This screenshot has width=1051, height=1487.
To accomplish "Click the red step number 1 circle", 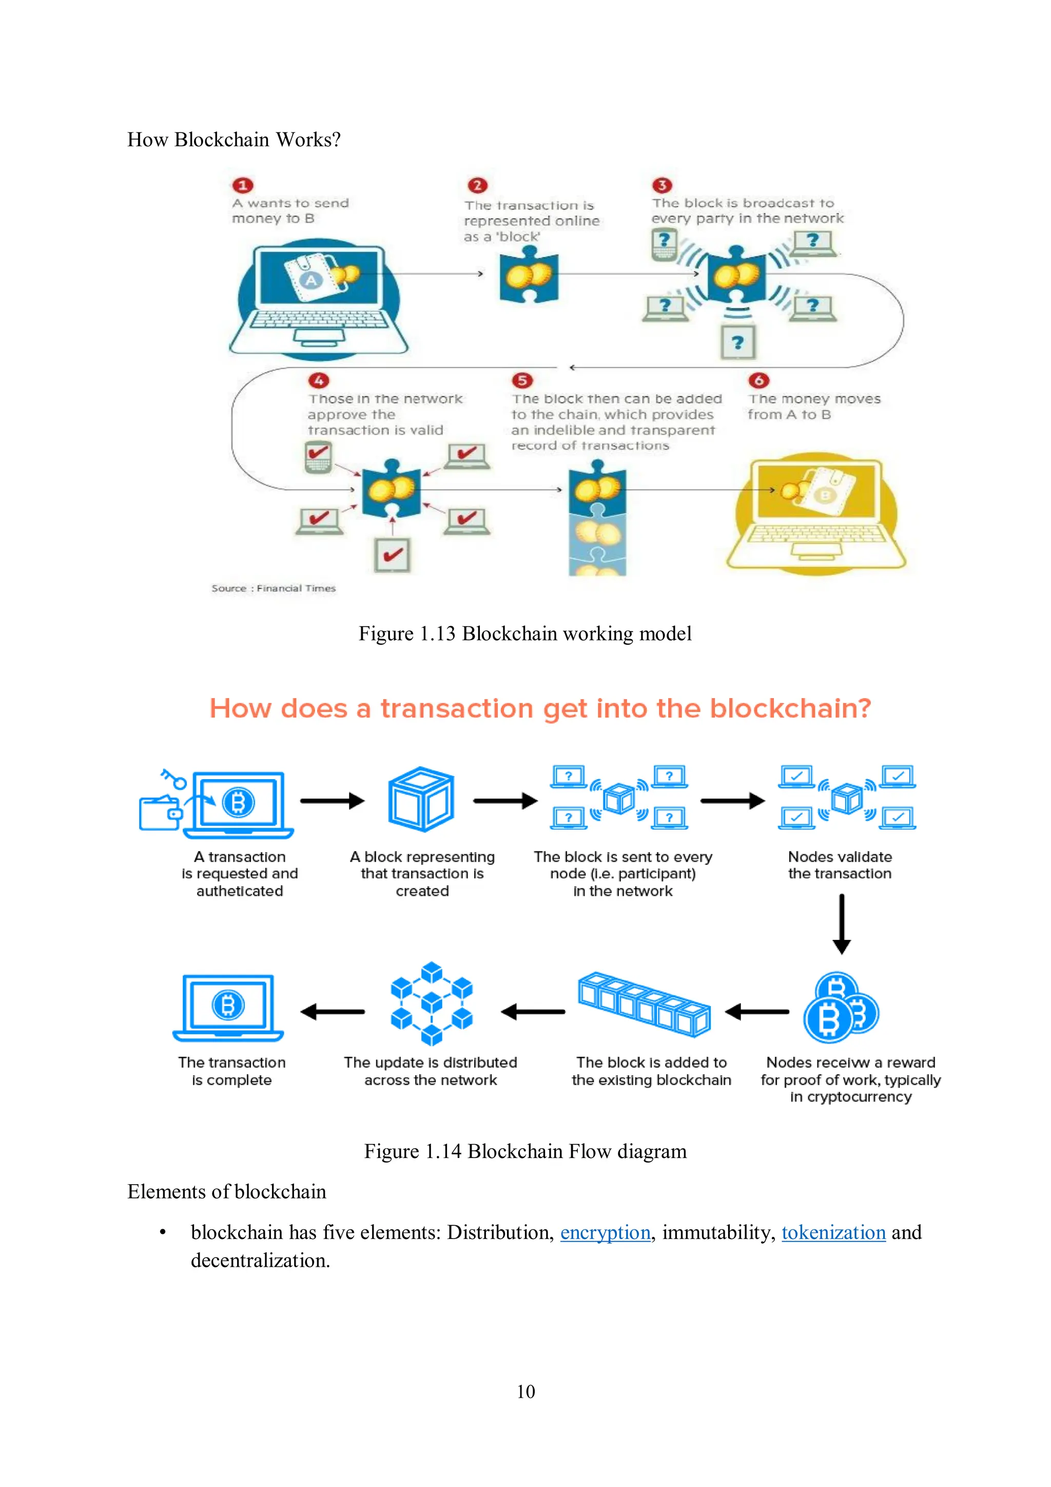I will coord(243,185).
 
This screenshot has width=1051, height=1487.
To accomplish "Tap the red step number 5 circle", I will coord(522,380).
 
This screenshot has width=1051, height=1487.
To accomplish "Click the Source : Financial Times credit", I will coord(274,588).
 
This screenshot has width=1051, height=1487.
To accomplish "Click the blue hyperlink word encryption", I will coord(605,1232).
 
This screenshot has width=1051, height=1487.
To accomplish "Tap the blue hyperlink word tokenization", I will coord(833,1232).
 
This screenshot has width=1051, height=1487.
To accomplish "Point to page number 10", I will coord(525,1391).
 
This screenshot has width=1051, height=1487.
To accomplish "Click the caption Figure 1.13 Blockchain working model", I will coord(525,633).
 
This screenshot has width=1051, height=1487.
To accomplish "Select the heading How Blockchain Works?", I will coord(234,139).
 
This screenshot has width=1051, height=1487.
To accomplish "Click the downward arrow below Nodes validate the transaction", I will coord(841,923).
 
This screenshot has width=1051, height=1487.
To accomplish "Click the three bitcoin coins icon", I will coord(840,1008).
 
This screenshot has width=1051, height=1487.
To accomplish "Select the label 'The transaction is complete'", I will coord(232,1071).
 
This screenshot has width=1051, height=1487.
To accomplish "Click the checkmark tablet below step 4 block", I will coord(393,555).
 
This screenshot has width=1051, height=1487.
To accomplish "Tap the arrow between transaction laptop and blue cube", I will coord(332,801).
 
